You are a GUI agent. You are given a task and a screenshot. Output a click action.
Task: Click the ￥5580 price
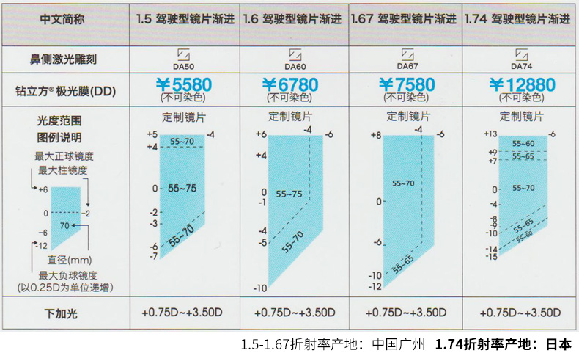pyautogui.click(x=183, y=84)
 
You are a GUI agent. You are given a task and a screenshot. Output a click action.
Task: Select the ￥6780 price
pyautogui.click(x=290, y=84)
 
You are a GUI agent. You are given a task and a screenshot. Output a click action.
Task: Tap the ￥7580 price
pyautogui.click(x=407, y=84)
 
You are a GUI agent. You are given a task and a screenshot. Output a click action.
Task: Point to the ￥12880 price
pyautogui.click(x=522, y=84)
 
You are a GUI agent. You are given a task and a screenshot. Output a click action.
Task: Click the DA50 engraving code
pyautogui.click(x=183, y=67)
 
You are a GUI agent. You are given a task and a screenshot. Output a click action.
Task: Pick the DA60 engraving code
pyautogui.click(x=295, y=67)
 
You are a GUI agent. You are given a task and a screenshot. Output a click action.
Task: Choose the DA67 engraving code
pyautogui.click(x=407, y=66)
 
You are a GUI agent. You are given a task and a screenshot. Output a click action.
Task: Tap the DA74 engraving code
pyautogui.click(x=521, y=66)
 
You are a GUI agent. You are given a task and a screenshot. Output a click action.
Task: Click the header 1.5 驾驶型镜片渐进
pyautogui.click(x=185, y=19)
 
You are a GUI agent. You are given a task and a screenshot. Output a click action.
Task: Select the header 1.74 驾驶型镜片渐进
pyautogui.click(x=517, y=19)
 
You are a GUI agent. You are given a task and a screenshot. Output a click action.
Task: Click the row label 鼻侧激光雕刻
pyautogui.click(x=63, y=59)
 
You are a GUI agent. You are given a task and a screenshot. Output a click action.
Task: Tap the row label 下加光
pyautogui.click(x=61, y=313)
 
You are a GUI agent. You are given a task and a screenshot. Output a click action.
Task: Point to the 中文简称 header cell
pyautogui.click(x=62, y=19)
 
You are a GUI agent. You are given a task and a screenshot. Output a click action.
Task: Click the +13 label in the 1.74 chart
pyautogui.click(x=490, y=134)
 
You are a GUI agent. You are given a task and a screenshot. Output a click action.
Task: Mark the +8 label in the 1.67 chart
pyautogui.click(x=376, y=135)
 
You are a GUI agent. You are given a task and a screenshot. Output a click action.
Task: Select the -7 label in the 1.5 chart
pyautogui.click(x=154, y=256)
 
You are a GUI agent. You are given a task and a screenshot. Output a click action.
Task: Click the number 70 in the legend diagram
pyautogui.click(x=64, y=225)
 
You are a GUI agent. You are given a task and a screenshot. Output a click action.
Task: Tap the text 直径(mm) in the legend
pyautogui.click(x=70, y=260)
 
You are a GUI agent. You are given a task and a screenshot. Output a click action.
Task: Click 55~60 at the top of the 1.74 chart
pyautogui.click(x=523, y=144)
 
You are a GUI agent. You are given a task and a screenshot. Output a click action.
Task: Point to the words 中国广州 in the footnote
pyautogui.click(x=399, y=344)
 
